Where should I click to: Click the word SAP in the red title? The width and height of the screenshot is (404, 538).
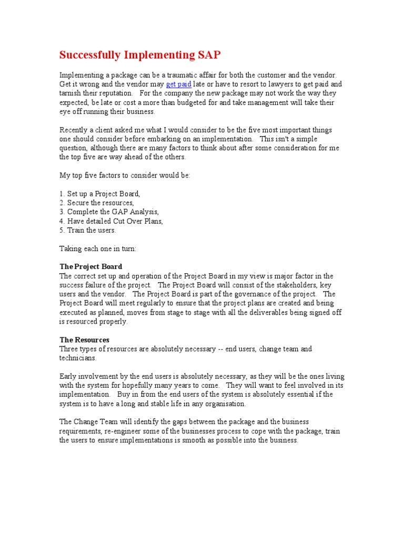tap(209, 55)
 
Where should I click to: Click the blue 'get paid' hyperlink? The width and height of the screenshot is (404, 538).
tap(178, 84)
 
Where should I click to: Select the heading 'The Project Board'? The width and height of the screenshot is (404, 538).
tap(90, 266)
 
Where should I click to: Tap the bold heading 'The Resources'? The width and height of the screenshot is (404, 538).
tap(84, 340)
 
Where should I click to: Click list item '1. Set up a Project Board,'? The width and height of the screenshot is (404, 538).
tap(100, 194)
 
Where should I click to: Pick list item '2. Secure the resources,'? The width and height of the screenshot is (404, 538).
tap(97, 203)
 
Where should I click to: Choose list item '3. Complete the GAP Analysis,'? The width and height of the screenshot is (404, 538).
tap(109, 212)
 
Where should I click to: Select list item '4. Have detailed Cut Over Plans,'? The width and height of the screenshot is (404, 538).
tap(111, 221)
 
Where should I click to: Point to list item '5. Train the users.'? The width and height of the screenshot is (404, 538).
tap(87, 230)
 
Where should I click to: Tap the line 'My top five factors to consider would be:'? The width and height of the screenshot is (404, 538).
tap(125, 175)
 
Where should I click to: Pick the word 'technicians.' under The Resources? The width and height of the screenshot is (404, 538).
tap(78, 357)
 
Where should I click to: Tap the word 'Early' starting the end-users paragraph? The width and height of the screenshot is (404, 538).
tap(68, 376)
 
